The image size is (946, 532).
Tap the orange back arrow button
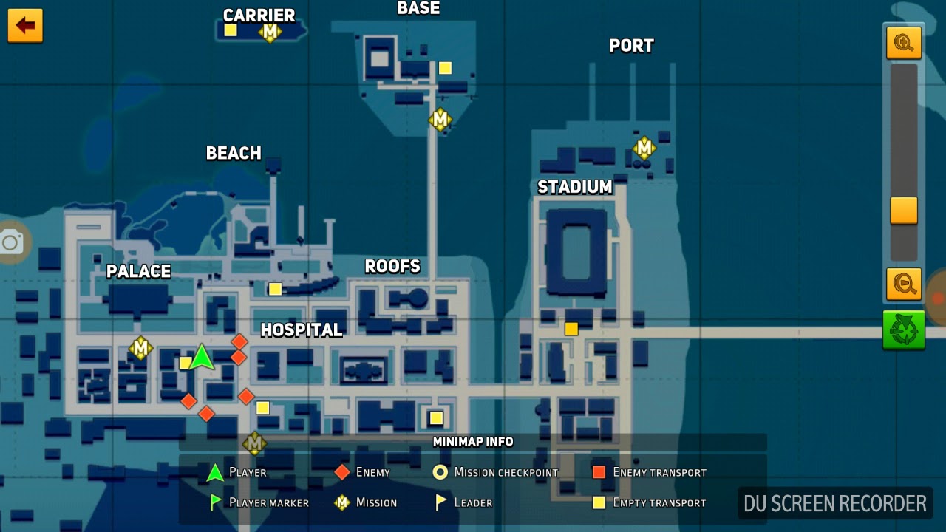(25, 26)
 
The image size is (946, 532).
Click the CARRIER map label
(259, 15)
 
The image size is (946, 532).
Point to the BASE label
(418, 8)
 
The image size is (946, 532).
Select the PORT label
(631, 46)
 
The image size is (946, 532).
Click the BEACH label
(234, 153)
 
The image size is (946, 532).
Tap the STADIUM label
(575, 187)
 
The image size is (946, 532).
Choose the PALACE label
(138, 271)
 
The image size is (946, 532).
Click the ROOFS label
(392, 266)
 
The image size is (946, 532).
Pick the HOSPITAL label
(302, 330)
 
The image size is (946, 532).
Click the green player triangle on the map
(202, 358)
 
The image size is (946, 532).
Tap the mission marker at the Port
(644, 148)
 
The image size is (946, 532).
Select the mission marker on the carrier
(270, 32)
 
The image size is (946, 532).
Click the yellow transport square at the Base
(445, 68)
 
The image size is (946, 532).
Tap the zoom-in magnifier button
(904, 43)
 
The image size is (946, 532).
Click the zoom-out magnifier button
(904, 283)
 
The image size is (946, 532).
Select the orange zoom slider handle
(904, 211)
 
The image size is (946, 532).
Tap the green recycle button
(903, 330)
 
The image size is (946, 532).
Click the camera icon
(11, 242)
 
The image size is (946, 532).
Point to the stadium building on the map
(576, 251)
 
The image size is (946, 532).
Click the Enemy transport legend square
(599, 472)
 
